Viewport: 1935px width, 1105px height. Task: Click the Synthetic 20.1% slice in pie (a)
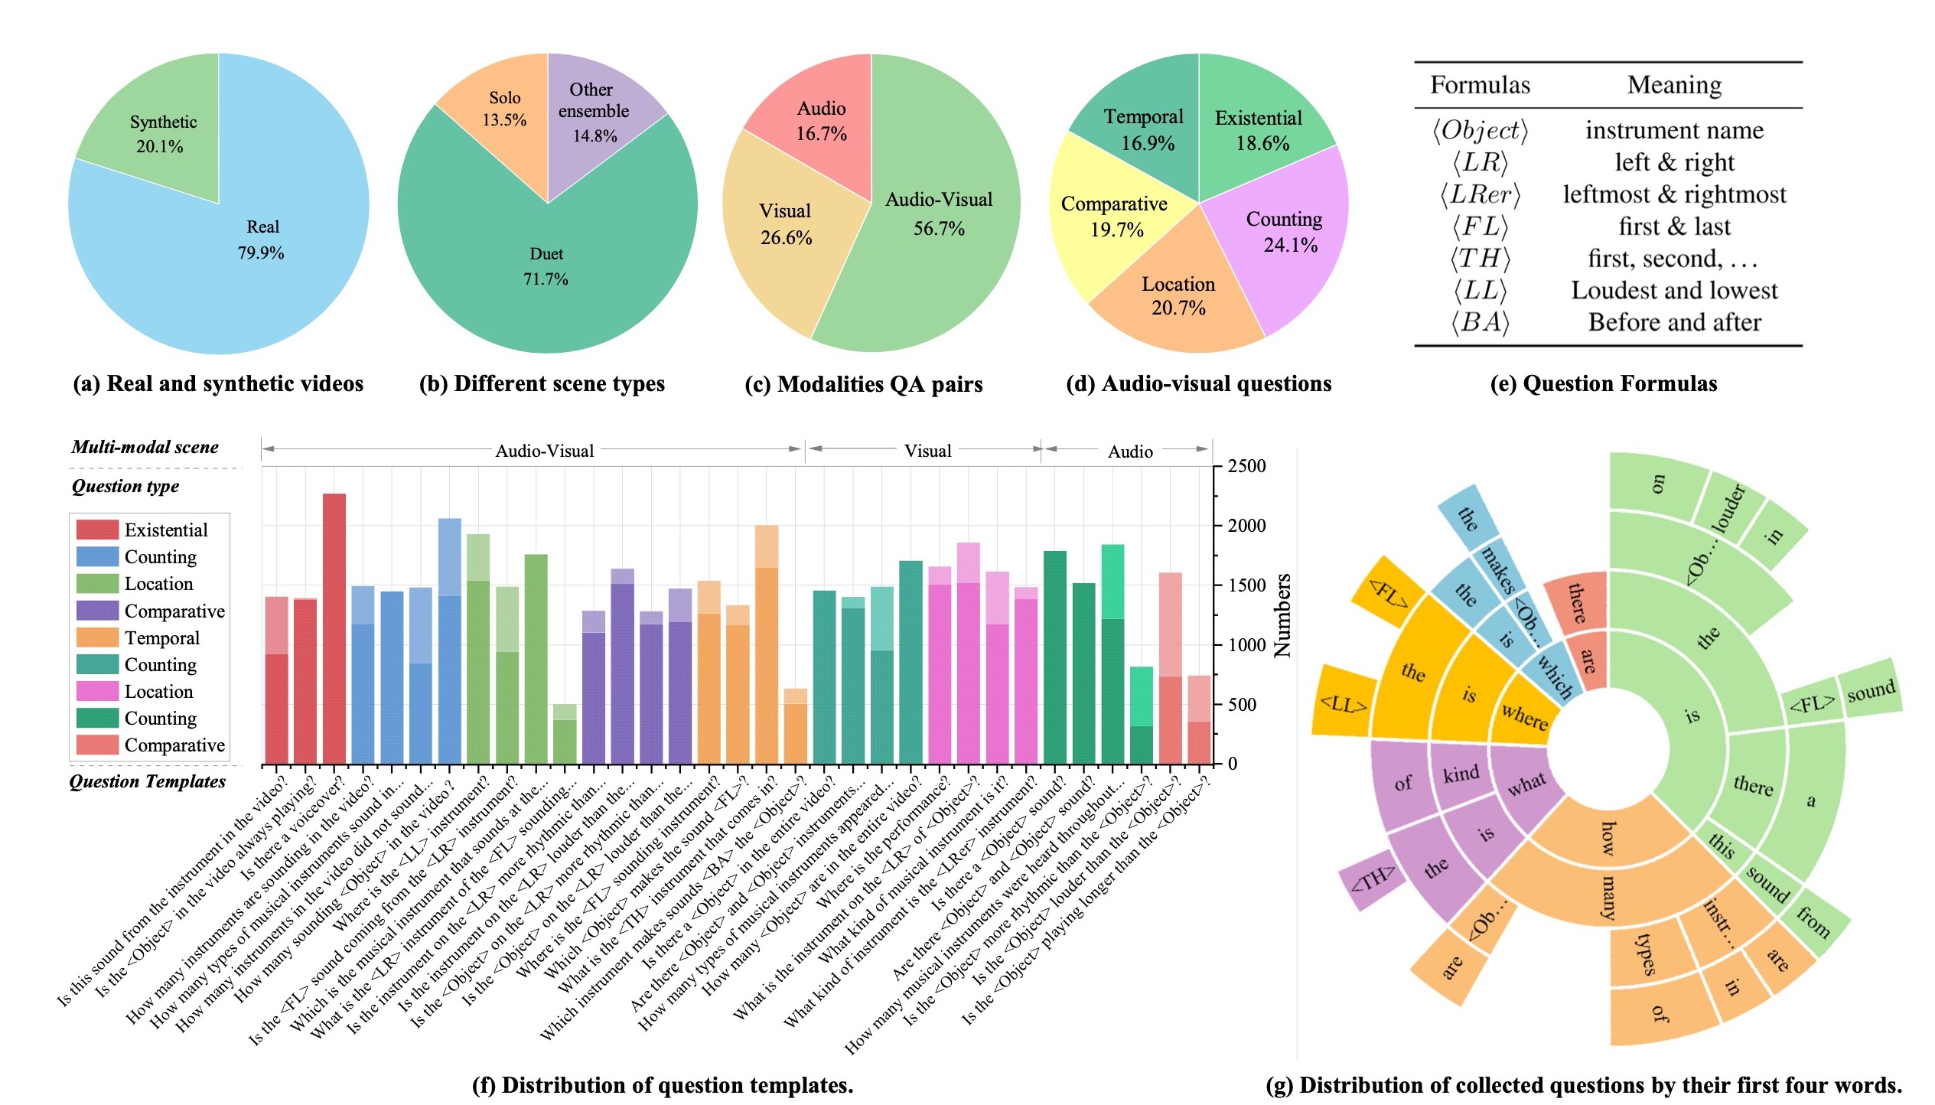[x=161, y=134]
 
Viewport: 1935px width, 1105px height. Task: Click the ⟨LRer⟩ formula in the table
[x=1480, y=194]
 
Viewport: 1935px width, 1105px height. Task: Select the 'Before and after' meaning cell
[x=1674, y=322]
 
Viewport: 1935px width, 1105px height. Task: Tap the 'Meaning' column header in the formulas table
[x=1674, y=85]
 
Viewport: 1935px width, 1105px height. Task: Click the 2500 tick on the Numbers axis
[x=1246, y=466]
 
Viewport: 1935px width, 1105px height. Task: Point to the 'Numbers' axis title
[x=1282, y=615]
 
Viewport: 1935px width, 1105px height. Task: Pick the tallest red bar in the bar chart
[x=334, y=627]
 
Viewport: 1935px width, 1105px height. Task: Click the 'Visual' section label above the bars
[x=927, y=451]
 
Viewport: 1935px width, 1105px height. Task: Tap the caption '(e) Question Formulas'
[x=1603, y=383]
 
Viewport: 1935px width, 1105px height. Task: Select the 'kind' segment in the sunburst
[x=1461, y=774]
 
